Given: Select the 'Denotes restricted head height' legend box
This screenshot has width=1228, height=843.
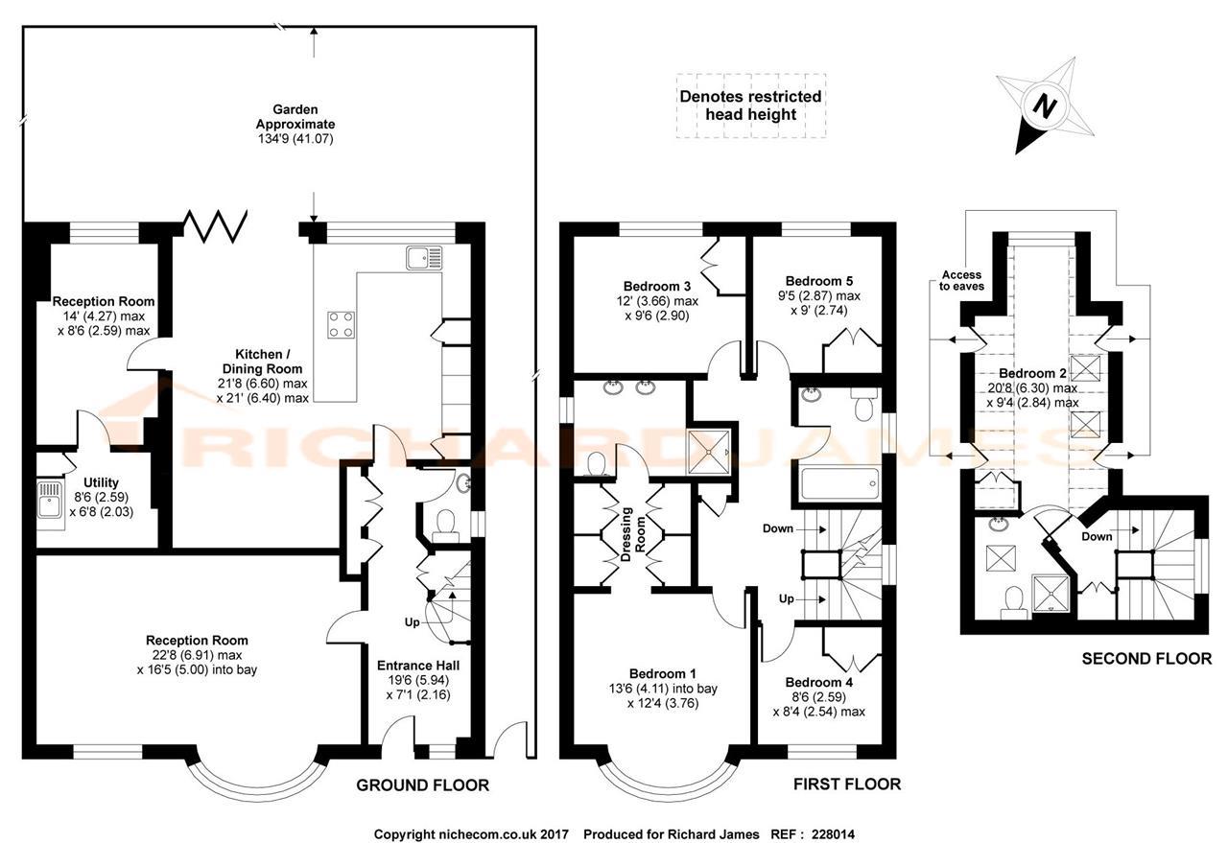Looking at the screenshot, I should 750,105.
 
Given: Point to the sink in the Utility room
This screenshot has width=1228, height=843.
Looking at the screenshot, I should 50,500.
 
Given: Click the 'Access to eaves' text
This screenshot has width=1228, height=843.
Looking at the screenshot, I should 961,280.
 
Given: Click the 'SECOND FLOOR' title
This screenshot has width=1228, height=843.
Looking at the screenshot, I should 1146,659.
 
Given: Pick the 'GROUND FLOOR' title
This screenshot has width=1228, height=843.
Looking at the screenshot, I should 422,784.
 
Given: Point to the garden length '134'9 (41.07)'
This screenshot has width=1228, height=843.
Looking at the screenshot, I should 295,139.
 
